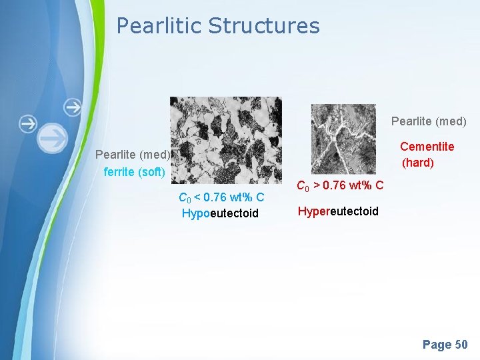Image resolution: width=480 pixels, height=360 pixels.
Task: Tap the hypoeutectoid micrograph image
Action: click(225, 140)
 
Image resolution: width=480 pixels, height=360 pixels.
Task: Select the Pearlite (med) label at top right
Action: click(429, 121)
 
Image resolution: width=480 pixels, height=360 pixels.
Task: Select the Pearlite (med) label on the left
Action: click(133, 155)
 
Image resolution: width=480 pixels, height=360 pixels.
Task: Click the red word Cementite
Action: click(427, 147)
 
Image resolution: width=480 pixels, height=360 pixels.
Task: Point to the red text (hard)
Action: click(418, 163)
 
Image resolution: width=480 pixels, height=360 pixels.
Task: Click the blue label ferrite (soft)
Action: click(135, 172)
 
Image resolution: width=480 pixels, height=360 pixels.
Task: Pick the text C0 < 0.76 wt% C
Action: click(221, 197)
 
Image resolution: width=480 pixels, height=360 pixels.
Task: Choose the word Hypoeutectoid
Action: click(220, 213)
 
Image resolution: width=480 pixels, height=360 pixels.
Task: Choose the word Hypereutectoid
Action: click(338, 211)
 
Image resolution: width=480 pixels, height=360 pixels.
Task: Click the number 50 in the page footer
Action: click(461, 345)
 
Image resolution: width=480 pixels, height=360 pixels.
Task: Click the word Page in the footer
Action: click(437, 345)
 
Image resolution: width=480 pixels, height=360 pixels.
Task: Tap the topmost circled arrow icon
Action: click(73, 107)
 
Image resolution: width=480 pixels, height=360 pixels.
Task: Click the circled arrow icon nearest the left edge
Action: click(28, 123)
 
